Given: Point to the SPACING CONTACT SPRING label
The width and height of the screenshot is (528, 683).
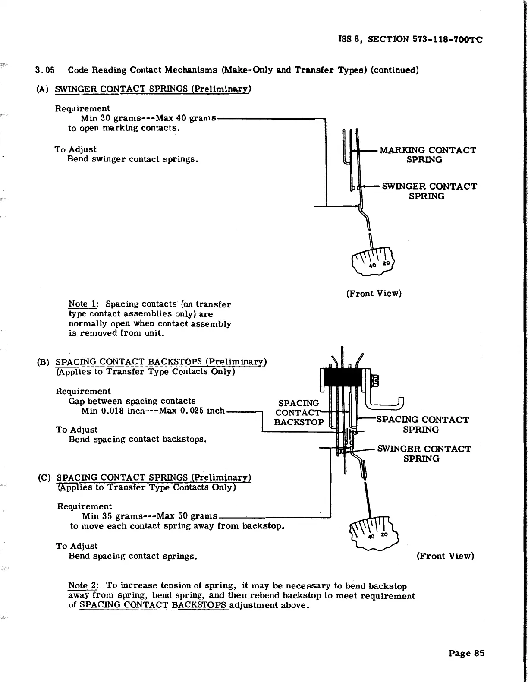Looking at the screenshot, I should click(x=422, y=424).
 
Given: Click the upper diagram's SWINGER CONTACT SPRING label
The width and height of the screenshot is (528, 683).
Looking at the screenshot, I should click(x=429, y=191).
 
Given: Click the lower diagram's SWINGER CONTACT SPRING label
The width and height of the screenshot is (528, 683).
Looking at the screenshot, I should click(x=424, y=454).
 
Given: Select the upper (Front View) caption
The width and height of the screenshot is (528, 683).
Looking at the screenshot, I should click(x=374, y=294).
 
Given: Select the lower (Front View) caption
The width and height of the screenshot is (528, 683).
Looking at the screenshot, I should click(x=445, y=556).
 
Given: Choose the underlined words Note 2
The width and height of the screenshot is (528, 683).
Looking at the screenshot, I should click(x=83, y=585).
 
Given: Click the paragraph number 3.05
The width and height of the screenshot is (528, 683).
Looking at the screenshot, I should click(x=44, y=70).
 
